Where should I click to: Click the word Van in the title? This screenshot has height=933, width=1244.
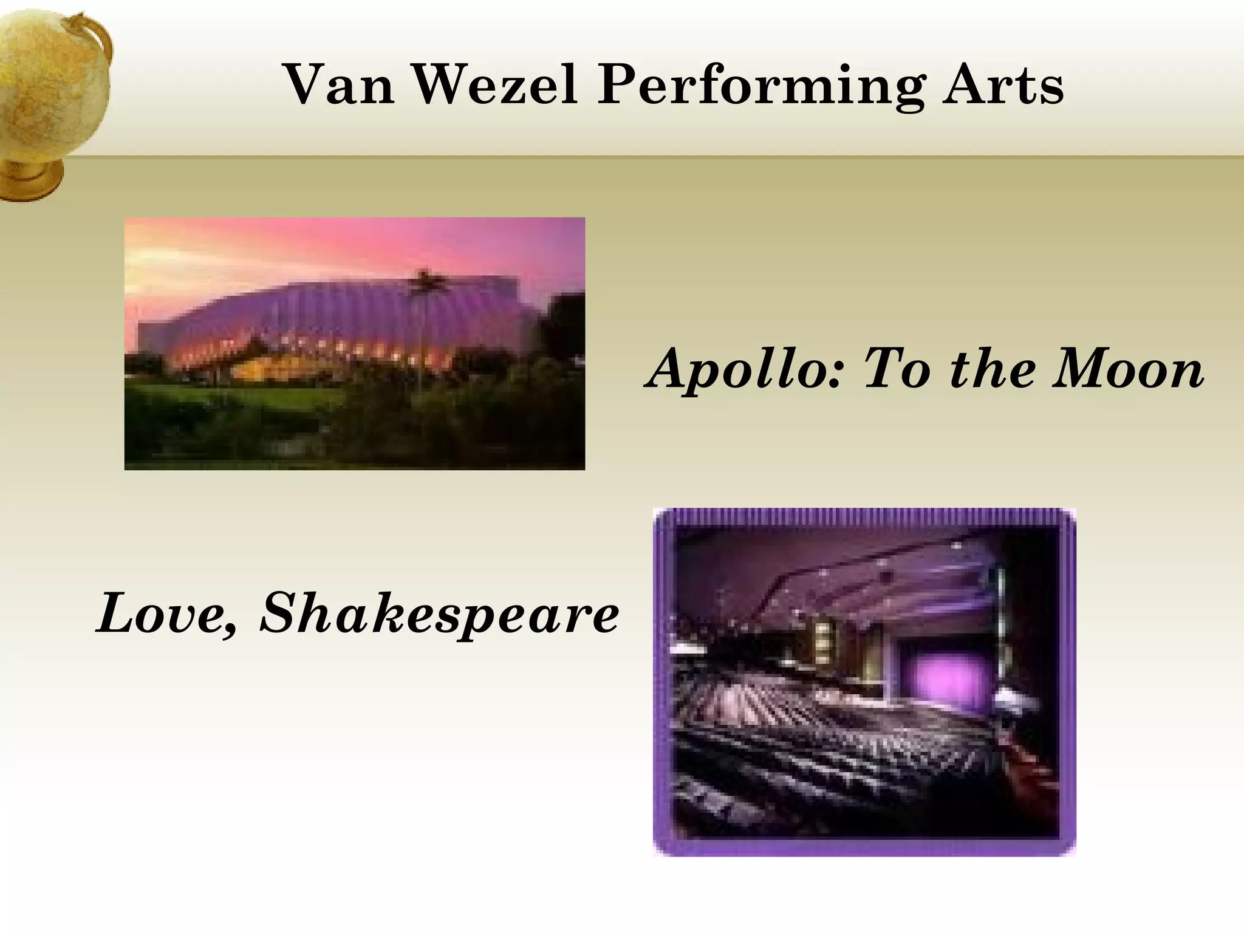tap(340, 85)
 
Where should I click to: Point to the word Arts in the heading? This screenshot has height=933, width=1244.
tap(1003, 85)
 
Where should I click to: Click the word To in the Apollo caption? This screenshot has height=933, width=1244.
tap(895, 369)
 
